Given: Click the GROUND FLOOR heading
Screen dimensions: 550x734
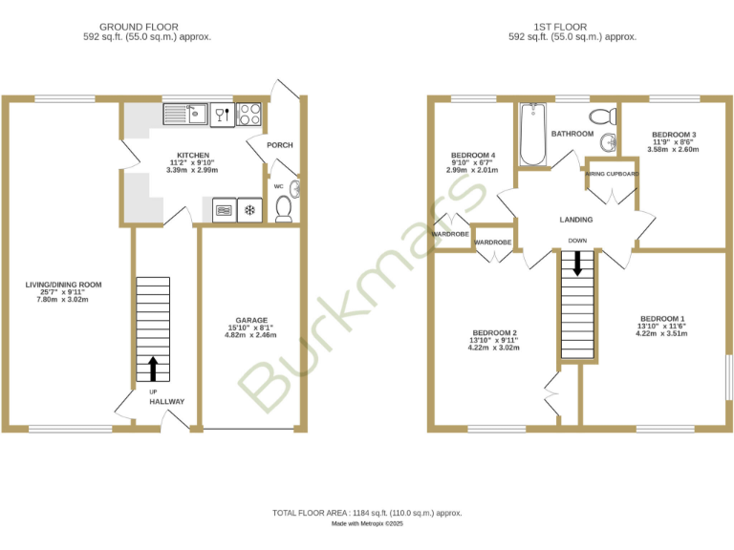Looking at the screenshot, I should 146,27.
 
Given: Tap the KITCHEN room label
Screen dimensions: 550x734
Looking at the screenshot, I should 193,155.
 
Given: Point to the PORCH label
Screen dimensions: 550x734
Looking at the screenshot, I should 280,145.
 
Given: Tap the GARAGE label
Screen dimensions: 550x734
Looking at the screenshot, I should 251,320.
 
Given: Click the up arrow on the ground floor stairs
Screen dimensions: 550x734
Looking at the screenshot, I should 153,369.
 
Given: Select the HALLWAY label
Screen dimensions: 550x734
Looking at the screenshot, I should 166,402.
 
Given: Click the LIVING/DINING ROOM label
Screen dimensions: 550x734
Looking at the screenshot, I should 63,285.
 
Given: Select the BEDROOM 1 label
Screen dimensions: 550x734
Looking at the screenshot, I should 662,318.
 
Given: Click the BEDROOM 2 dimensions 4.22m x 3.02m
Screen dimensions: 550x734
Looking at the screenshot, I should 493,348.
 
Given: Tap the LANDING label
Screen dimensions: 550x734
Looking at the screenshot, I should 576,220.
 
